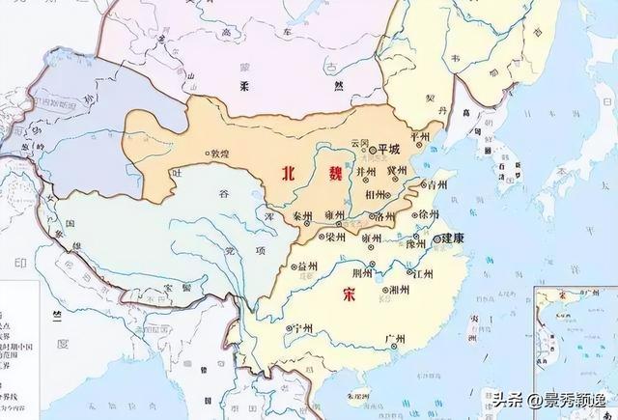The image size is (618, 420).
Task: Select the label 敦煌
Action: [220, 154]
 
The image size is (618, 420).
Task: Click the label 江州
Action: [422, 273]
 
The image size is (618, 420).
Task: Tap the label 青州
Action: [438, 183]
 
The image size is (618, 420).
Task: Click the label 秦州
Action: [303, 217]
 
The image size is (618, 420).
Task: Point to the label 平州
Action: [421, 138]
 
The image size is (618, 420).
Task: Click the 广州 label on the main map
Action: [394, 338]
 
